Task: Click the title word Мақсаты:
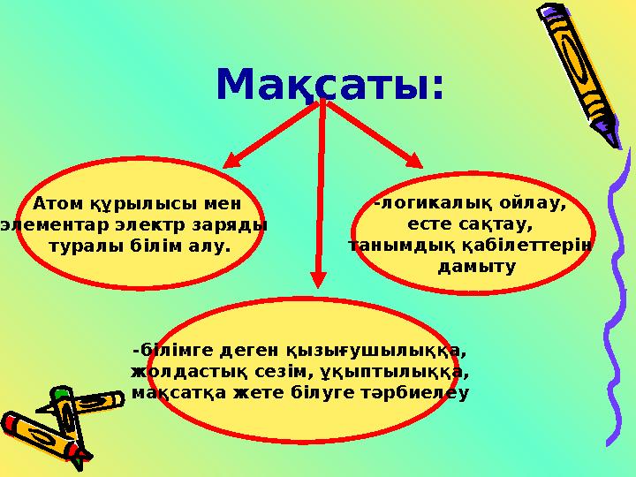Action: point(329,86)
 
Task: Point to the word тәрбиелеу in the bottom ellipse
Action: point(416,391)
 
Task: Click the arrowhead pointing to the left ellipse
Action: point(231,160)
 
